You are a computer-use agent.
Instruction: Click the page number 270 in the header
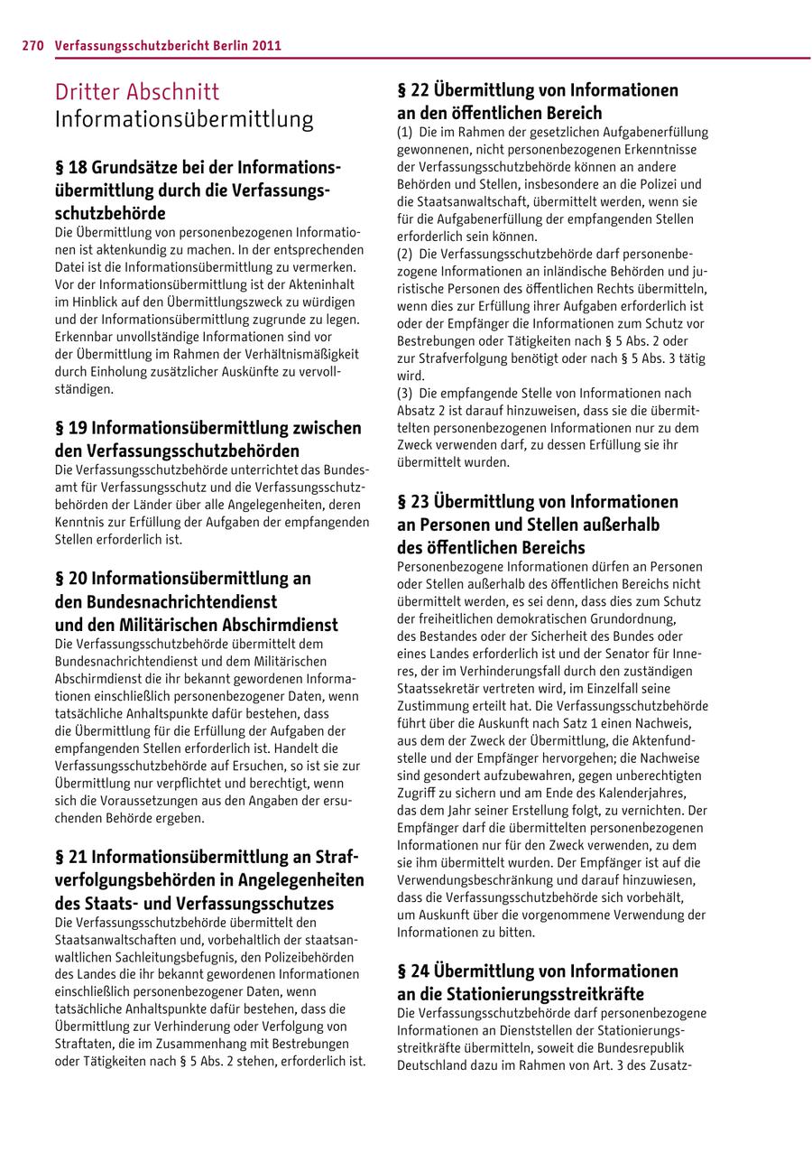33,44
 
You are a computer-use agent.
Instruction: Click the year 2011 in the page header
266,44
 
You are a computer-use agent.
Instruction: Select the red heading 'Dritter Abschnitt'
136,92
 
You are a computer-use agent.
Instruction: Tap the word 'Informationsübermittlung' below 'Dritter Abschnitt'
184,119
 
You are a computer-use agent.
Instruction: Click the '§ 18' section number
70,168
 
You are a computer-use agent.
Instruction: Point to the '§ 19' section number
70,428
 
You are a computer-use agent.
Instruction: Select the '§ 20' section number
70,578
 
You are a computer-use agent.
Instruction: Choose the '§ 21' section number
70,856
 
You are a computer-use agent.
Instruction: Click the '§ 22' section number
412,90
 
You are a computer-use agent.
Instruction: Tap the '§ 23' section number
412,501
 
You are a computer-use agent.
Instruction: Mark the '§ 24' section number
412,971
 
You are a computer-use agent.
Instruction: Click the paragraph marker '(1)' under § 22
404,133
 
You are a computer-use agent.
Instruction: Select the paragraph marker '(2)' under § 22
404,255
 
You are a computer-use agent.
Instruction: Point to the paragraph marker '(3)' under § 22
404,394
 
